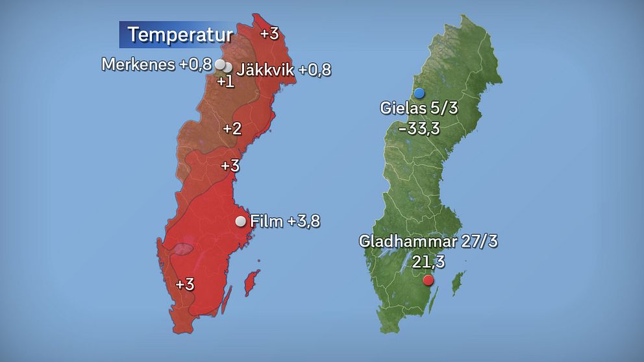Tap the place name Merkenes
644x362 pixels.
[x=138, y=64]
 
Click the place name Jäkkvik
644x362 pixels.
[x=266, y=69]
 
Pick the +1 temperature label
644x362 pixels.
[x=225, y=82]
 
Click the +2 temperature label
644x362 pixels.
[x=232, y=128]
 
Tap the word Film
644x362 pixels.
[x=266, y=221]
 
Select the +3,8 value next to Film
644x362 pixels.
[x=303, y=221]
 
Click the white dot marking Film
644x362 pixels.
[x=241, y=221]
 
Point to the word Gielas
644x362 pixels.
[x=404, y=108]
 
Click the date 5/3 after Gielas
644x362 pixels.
[x=445, y=108]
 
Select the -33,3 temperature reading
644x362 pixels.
[x=419, y=128]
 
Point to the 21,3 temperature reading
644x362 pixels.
[x=428, y=262]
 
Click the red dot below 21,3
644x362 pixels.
[x=428, y=280]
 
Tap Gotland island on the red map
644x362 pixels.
[x=250, y=284]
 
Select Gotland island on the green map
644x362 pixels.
[x=458, y=282]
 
